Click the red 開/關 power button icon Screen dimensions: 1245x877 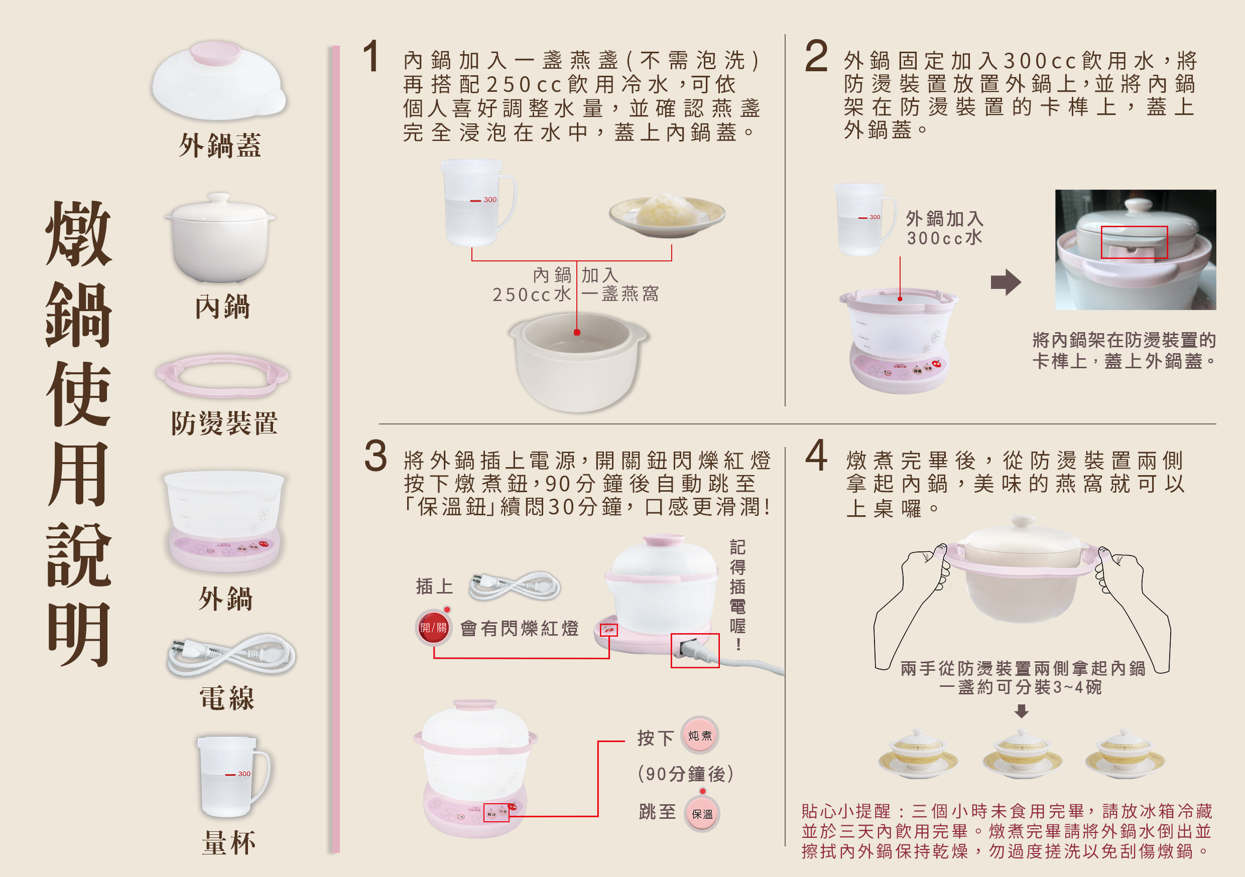(434, 627)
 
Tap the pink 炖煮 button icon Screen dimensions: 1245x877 (699, 735)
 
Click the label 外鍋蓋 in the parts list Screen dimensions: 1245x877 (220, 146)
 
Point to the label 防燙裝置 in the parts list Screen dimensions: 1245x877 (224, 423)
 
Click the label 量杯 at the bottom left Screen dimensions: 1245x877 (228, 842)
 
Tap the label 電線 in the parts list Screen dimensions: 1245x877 (226, 697)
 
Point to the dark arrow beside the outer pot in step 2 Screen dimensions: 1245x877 (1006, 282)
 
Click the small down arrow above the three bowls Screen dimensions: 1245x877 (1022, 710)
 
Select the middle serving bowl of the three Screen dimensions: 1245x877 (1022, 753)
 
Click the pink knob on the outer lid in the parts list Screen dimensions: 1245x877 (216, 53)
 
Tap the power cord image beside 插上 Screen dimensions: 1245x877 (515, 586)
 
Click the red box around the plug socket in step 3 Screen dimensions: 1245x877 (695, 651)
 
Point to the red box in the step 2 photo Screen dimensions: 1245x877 (1134, 242)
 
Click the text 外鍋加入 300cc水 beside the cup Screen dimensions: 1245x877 (945, 228)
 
